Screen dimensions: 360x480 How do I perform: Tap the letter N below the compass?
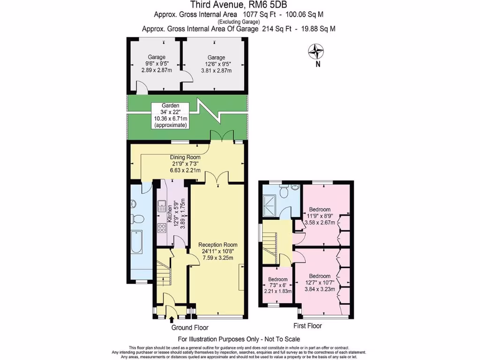pos(317,65)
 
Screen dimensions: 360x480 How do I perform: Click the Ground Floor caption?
pos(190,328)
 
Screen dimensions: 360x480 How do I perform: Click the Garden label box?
pos(171,116)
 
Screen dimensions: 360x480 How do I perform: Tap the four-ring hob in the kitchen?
pos(162,228)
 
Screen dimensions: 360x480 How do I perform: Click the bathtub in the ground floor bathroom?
pos(136,242)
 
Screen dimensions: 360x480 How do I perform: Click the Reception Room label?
pos(217,254)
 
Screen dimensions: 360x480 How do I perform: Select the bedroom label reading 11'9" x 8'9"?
pos(320,216)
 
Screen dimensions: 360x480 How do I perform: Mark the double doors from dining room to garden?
pos(222,135)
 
